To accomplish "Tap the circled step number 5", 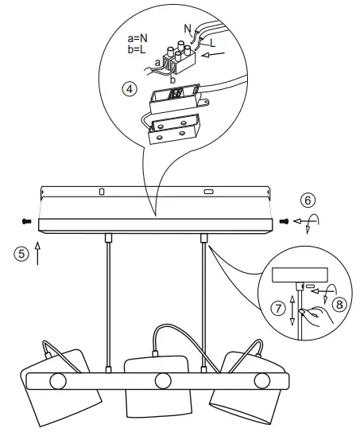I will coord(20,255).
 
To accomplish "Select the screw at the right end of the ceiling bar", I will coord(284,220).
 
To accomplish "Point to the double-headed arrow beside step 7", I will coord(292,307).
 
